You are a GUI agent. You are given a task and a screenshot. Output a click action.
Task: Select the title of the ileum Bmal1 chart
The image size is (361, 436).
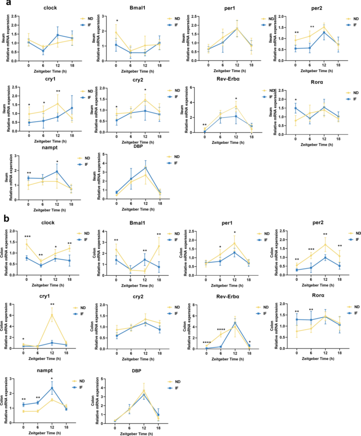137,7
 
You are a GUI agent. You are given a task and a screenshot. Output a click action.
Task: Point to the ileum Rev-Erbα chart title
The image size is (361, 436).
228,79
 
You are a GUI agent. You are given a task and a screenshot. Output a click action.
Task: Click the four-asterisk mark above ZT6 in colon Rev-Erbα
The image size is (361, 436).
221,330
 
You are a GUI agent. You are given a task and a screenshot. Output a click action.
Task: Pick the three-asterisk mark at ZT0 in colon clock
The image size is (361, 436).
27,237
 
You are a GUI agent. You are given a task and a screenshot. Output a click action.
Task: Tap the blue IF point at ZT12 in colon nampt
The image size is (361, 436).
52,388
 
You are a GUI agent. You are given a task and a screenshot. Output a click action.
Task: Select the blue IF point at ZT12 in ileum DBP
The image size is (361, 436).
145,168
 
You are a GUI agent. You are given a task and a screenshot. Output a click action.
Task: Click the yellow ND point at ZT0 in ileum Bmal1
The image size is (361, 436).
116,33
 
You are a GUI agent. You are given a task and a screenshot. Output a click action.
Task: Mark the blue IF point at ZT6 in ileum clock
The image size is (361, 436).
43,51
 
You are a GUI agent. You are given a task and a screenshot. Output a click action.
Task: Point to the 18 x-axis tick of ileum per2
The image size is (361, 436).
338,65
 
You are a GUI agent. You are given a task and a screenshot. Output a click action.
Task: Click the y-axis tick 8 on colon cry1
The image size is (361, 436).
11,304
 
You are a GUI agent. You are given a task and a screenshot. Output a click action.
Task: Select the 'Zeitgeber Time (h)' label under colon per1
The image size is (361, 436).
227,286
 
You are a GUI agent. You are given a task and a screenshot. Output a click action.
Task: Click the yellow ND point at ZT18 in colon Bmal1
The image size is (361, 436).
159,246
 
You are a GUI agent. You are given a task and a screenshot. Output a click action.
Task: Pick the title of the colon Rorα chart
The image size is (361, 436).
318,295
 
